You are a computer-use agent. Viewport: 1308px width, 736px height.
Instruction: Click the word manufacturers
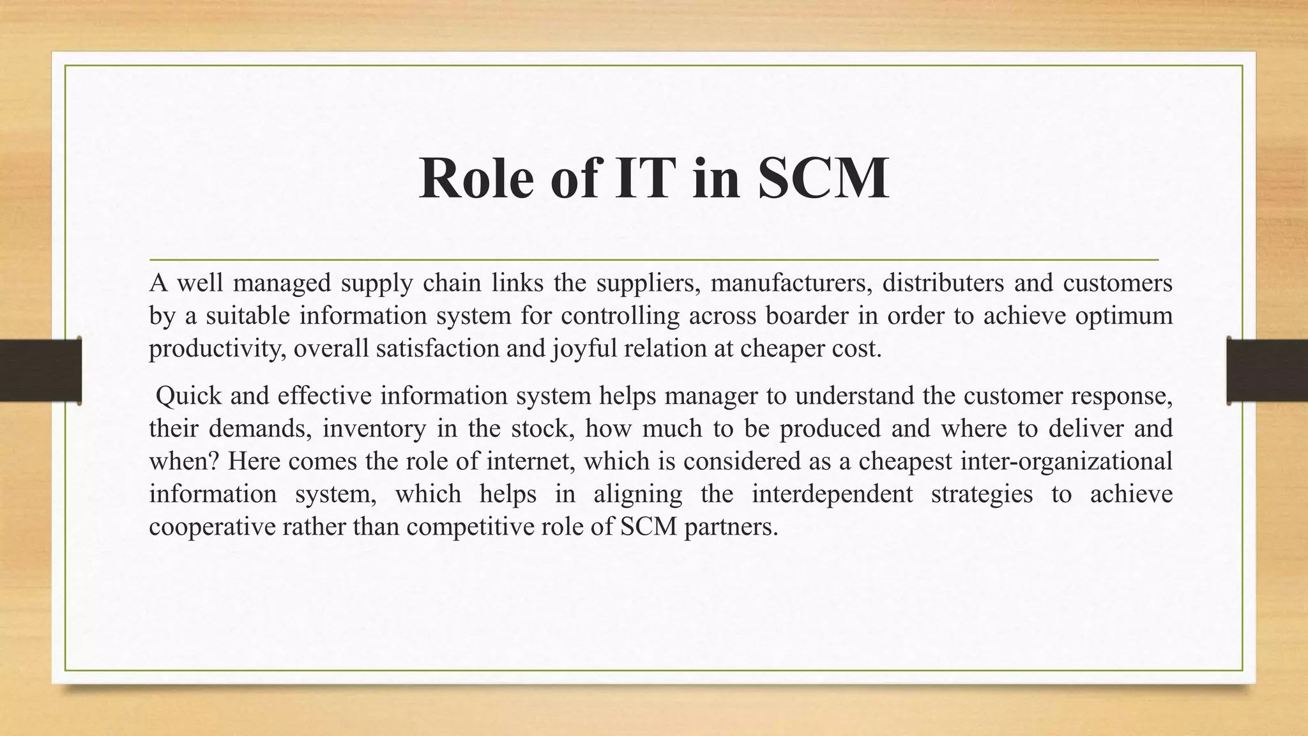791,283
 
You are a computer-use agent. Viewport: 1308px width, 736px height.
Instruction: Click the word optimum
1124,316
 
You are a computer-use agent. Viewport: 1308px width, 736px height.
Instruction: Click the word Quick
188,396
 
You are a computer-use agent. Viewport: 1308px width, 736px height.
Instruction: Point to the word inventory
374,429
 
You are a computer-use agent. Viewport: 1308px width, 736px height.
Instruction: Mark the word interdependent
832,494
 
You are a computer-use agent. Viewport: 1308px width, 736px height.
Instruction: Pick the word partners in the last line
731,527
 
